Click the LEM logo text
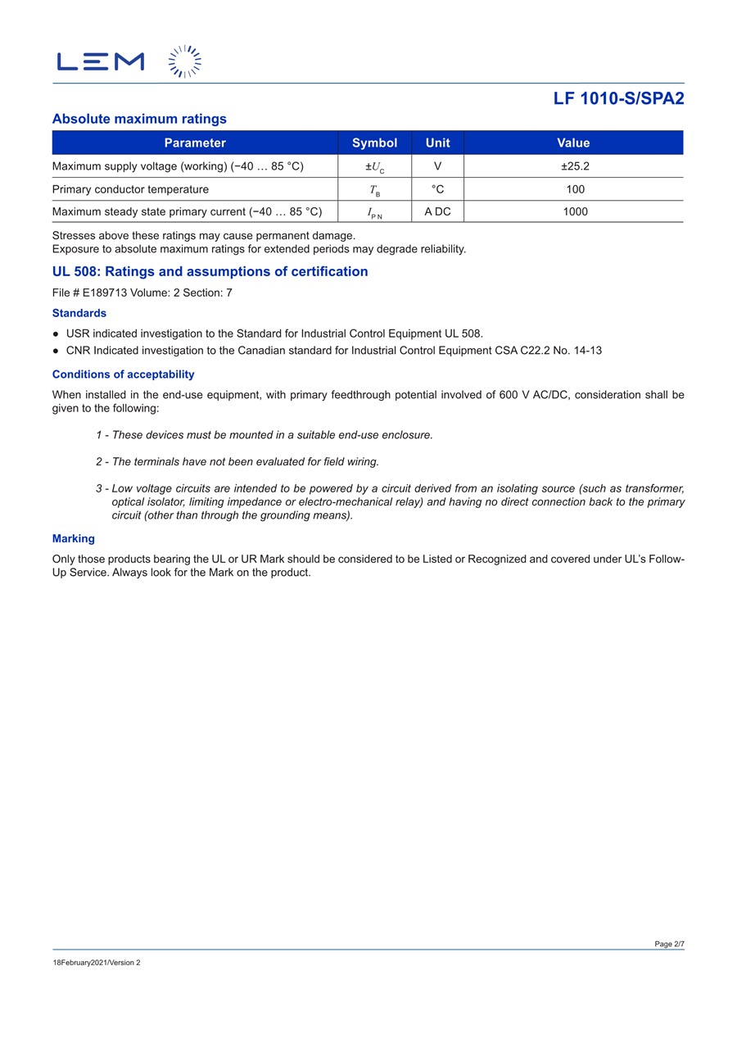tap(100, 61)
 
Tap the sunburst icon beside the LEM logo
tap(184, 61)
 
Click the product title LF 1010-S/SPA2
tap(618, 98)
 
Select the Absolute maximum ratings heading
tap(139, 119)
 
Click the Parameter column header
tap(195, 143)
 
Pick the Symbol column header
tap(374, 143)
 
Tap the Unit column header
tap(437, 143)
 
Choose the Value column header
tap(573, 143)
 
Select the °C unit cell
tap(437, 189)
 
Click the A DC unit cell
tap(437, 211)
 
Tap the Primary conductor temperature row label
tap(130, 189)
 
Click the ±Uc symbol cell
tap(374, 167)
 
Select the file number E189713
tap(105, 292)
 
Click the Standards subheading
tap(79, 313)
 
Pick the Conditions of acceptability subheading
tap(123, 374)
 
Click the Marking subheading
tap(74, 538)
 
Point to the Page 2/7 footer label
tap(669, 944)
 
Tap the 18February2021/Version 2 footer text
tap(97, 963)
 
